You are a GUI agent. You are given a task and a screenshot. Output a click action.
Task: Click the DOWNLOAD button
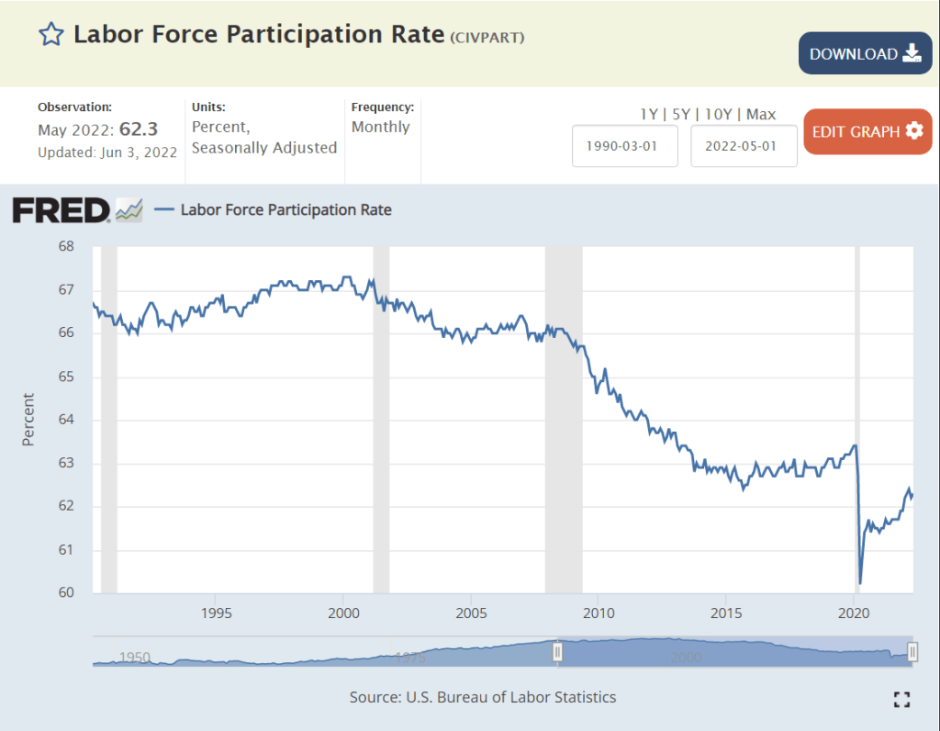point(865,54)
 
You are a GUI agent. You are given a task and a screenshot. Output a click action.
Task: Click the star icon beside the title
point(51,35)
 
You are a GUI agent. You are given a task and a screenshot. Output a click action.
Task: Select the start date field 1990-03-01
point(625,146)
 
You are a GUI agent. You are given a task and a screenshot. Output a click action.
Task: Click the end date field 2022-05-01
point(744,146)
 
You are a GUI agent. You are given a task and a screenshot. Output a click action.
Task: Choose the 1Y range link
point(649,114)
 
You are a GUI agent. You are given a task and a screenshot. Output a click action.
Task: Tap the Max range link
point(761,114)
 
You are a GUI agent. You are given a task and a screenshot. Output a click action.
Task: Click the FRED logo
point(62,210)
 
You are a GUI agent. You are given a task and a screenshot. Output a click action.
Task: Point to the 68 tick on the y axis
point(66,247)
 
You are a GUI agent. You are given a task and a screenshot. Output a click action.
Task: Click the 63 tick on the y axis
point(66,463)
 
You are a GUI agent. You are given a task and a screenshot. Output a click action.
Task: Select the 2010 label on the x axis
point(599,613)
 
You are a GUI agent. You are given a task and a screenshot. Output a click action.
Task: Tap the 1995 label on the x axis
point(215,613)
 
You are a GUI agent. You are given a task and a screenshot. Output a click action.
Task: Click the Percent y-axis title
point(28,420)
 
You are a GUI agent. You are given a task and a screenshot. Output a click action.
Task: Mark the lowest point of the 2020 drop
point(860,582)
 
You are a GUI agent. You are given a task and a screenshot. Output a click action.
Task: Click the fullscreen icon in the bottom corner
point(901,700)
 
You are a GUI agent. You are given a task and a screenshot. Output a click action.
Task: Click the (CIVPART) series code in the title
point(487,37)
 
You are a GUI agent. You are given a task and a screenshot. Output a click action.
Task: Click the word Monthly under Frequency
point(381,127)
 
